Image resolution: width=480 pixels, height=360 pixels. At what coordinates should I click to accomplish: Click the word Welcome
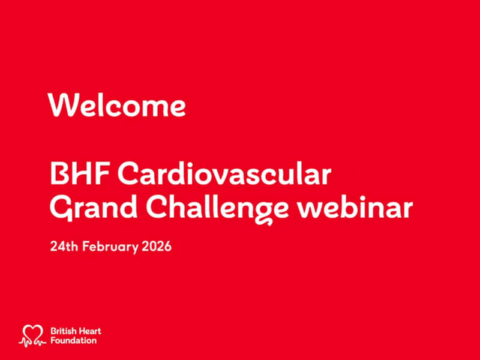click(x=117, y=106)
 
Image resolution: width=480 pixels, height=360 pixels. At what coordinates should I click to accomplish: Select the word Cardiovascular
click(x=224, y=175)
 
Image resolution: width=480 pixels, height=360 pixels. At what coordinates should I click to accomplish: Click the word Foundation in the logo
click(x=73, y=340)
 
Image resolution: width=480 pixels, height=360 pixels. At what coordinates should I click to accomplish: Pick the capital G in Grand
click(x=60, y=209)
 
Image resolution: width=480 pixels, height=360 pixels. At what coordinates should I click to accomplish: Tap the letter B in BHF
click(x=59, y=175)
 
